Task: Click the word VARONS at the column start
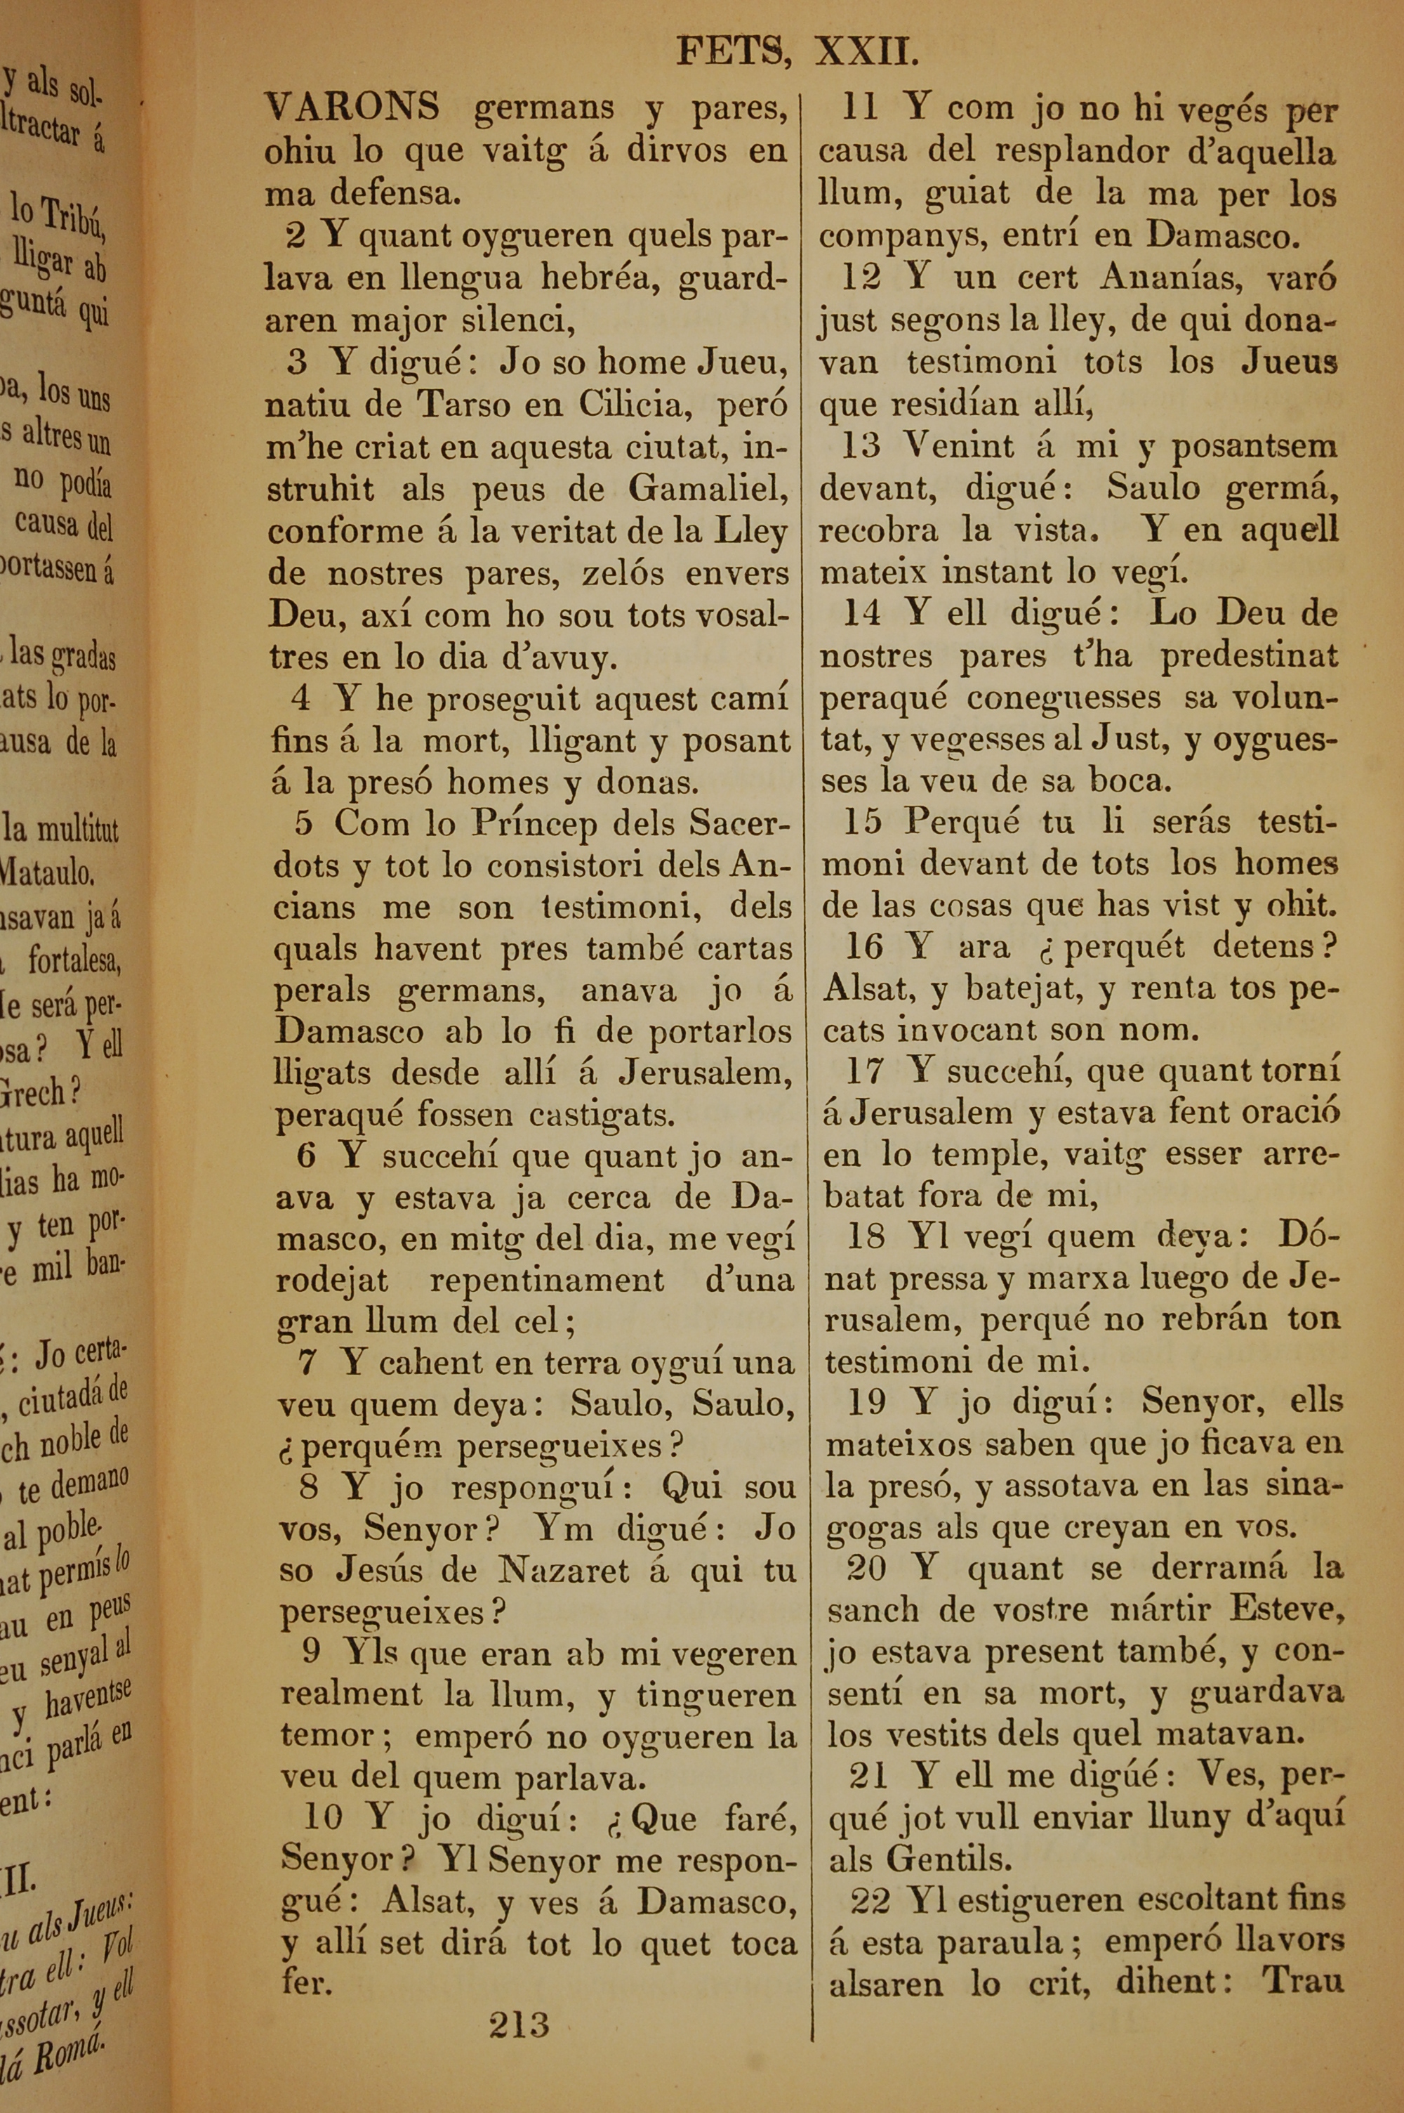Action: [x=352, y=107]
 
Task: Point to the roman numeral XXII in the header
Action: [x=866, y=52]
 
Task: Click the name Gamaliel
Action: [x=708, y=489]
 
